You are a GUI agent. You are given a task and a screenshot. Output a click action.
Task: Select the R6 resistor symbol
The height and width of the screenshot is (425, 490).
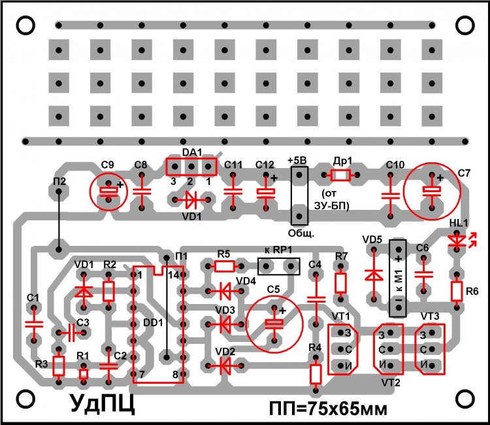[456, 290]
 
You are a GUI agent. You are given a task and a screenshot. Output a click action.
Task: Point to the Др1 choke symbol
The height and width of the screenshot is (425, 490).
[340, 175]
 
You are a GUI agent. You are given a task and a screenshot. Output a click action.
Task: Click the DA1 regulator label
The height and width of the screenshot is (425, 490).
[191, 152]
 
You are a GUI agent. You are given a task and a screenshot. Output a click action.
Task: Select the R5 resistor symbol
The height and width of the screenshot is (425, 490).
[225, 265]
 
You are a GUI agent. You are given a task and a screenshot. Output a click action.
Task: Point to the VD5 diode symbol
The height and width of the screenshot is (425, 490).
[373, 275]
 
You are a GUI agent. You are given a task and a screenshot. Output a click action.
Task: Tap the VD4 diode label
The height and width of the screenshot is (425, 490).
[246, 281]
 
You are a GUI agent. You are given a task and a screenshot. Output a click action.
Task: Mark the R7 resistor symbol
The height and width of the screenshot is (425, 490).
[340, 282]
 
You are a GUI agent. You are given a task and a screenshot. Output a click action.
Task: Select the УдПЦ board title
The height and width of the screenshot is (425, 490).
[103, 402]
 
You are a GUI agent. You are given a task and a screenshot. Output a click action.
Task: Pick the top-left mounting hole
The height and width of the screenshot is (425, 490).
[25, 24]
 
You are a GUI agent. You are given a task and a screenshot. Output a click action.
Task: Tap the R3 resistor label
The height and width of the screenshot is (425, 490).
[42, 364]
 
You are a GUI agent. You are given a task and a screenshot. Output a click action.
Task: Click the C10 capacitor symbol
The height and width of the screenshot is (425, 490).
[390, 195]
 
